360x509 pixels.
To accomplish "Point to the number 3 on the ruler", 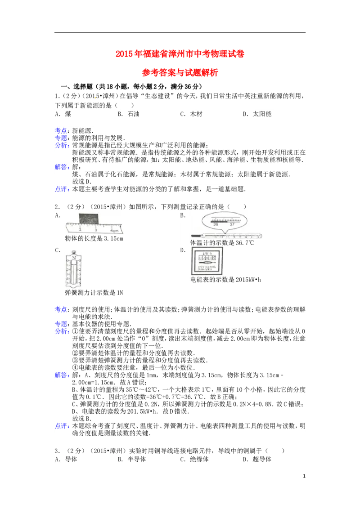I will pyautogui.click(x=96, y=229).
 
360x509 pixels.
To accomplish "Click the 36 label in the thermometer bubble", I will pyautogui.click(x=216, y=224).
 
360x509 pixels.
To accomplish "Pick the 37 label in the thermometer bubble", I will pyautogui.click(x=232, y=224).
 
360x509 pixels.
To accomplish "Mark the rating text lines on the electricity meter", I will pyautogui.click(x=206, y=268).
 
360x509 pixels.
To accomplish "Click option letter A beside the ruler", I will pyautogui.click(x=57, y=215).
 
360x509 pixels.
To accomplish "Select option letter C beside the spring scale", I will pyautogui.click(x=57, y=250).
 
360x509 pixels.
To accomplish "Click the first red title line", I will pyautogui.click(x=180, y=54).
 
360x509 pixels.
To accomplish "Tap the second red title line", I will pyautogui.click(x=180, y=73).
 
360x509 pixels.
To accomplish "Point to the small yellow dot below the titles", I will pyautogui.click(x=95, y=98).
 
